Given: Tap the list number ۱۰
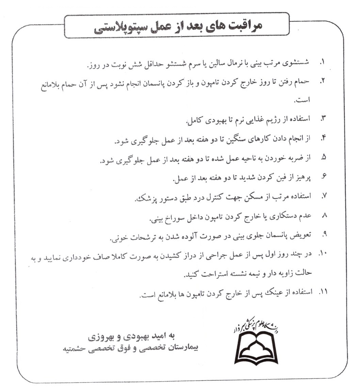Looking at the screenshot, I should click(322, 254).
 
